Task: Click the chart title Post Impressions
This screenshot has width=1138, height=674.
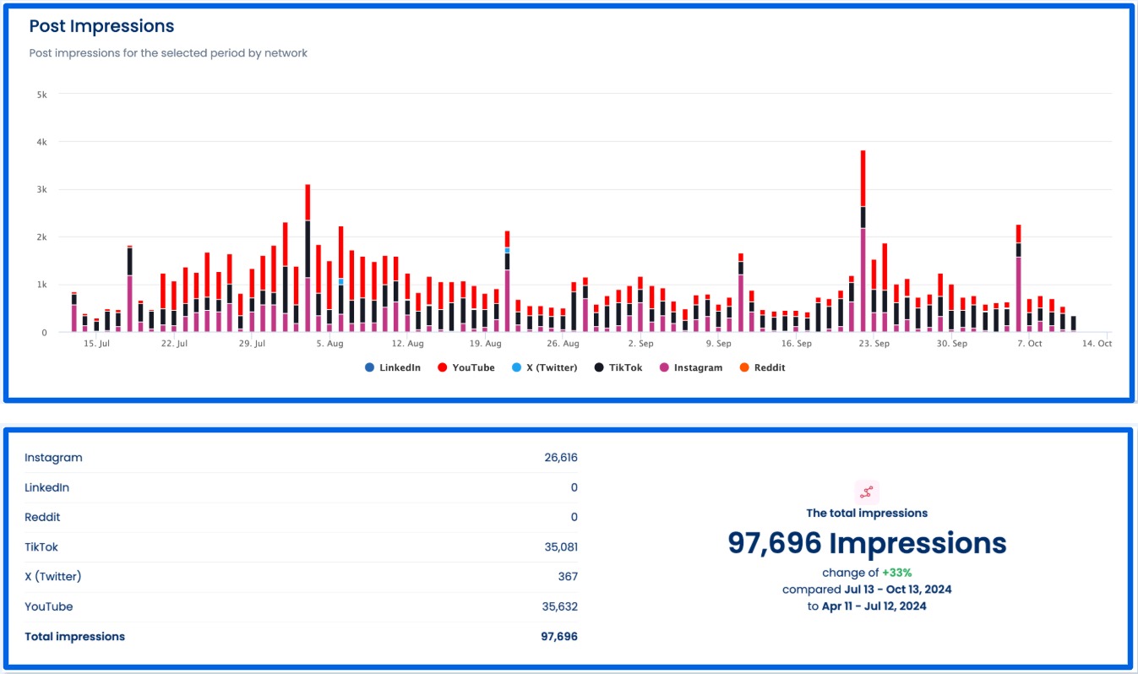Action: pyautogui.click(x=101, y=26)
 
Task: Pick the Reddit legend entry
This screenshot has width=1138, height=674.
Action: pyautogui.click(x=762, y=367)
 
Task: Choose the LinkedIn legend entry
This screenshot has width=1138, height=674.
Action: pyautogui.click(x=392, y=367)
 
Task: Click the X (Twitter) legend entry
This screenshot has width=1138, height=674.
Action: pyautogui.click(x=541, y=367)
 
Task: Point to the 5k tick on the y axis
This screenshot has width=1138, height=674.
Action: pyautogui.click(x=41, y=95)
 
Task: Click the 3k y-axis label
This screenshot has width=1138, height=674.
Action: pyautogui.click(x=41, y=190)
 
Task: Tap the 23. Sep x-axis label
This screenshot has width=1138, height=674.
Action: pyautogui.click(x=874, y=345)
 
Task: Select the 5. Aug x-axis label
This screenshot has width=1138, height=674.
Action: pyautogui.click(x=329, y=345)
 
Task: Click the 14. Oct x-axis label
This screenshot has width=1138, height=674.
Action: pyautogui.click(x=1097, y=345)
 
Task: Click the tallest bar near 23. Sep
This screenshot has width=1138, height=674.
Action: pyautogui.click(x=863, y=245)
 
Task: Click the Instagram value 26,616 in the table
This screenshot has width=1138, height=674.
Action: pyautogui.click(x=561, y=458)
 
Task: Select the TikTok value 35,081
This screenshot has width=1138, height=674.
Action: pyautogui.click(x=561, y=547)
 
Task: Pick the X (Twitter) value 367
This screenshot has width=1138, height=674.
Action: pyautogui.click(x=568, y=577)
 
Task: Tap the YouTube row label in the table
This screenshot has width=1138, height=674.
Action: pyautogui.click(x=49, y=606)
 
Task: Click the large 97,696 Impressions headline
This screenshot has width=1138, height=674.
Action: pyautogui.click(x=867, y=543)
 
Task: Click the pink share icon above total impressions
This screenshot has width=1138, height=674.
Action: pyautogui.click(x=867, y=492)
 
